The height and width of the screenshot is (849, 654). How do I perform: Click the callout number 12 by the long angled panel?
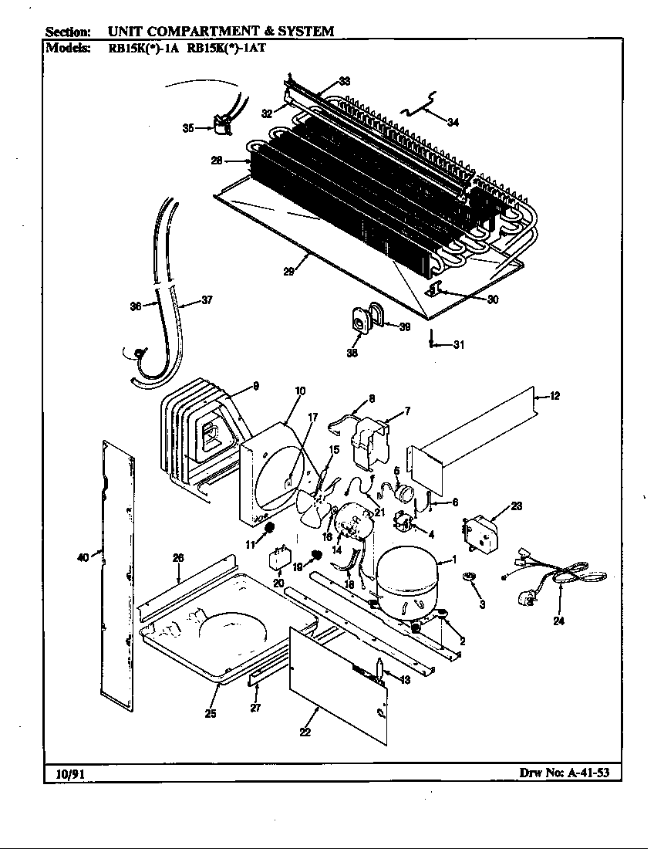tap(554, 397)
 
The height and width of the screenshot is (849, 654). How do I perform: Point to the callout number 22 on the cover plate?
tap(305, 732)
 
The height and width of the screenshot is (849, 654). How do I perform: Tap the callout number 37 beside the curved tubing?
tap(206, 300)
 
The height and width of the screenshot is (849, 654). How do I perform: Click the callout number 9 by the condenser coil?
tap(255, 386)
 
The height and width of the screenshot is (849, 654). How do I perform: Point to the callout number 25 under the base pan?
tap(210, 713)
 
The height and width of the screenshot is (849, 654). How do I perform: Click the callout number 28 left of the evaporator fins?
tap(217, 161)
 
